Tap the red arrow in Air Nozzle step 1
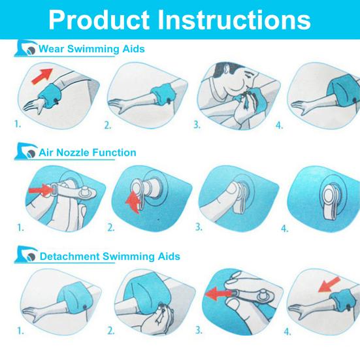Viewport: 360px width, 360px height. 41,189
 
